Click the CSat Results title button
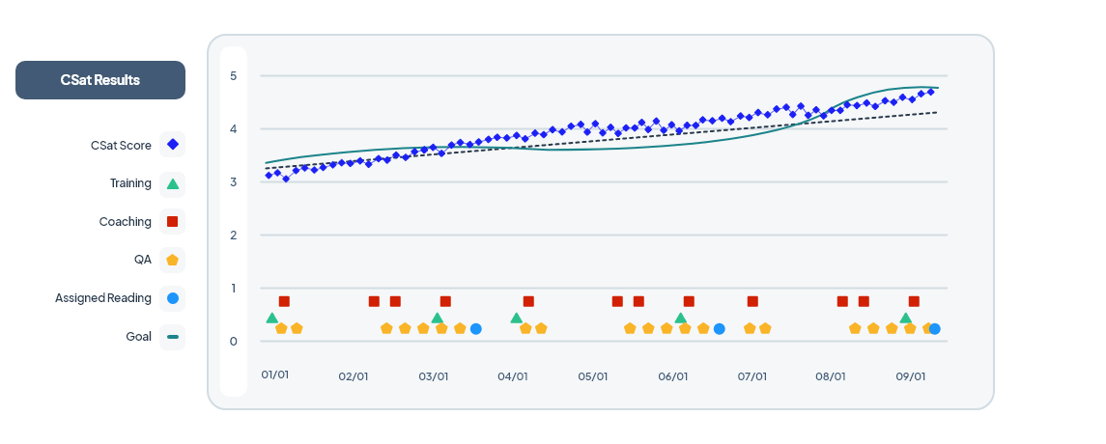point(100,80)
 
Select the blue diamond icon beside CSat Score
point(173,145)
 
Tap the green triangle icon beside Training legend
point(173,183)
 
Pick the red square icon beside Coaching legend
point(173,222)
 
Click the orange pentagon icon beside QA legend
point(173,260)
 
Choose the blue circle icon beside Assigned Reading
point(173,298)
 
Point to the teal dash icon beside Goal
point(173,337)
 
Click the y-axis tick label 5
point(233,76)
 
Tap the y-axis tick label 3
point(233,182)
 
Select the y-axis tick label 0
point(233,342)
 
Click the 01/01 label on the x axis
point(275,374)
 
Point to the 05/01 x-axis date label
point(593,376)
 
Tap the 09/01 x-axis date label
point(911,376)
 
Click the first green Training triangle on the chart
point(272,318)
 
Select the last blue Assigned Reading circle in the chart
point(934,329)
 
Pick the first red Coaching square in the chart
point(284,301)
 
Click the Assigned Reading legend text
point(103,298)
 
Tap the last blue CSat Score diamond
point(930,92)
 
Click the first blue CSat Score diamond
point(269,175)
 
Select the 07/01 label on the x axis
point(752,376)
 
